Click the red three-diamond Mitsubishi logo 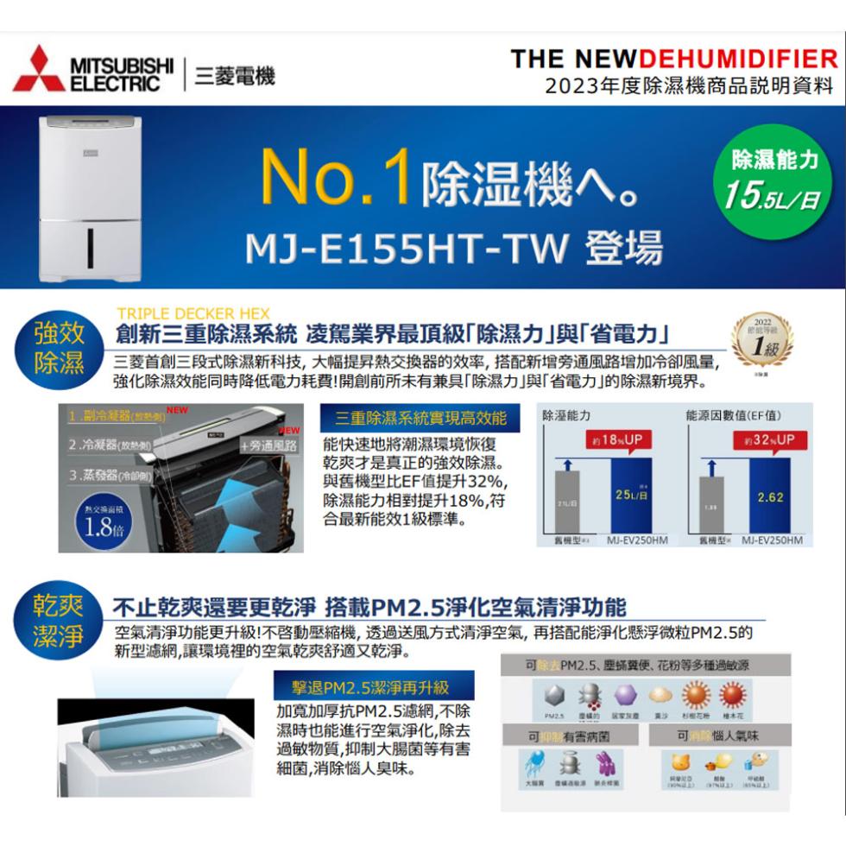click(39, 69)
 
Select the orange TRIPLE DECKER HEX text click(194, 313)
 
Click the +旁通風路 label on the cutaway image click(268, 446)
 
